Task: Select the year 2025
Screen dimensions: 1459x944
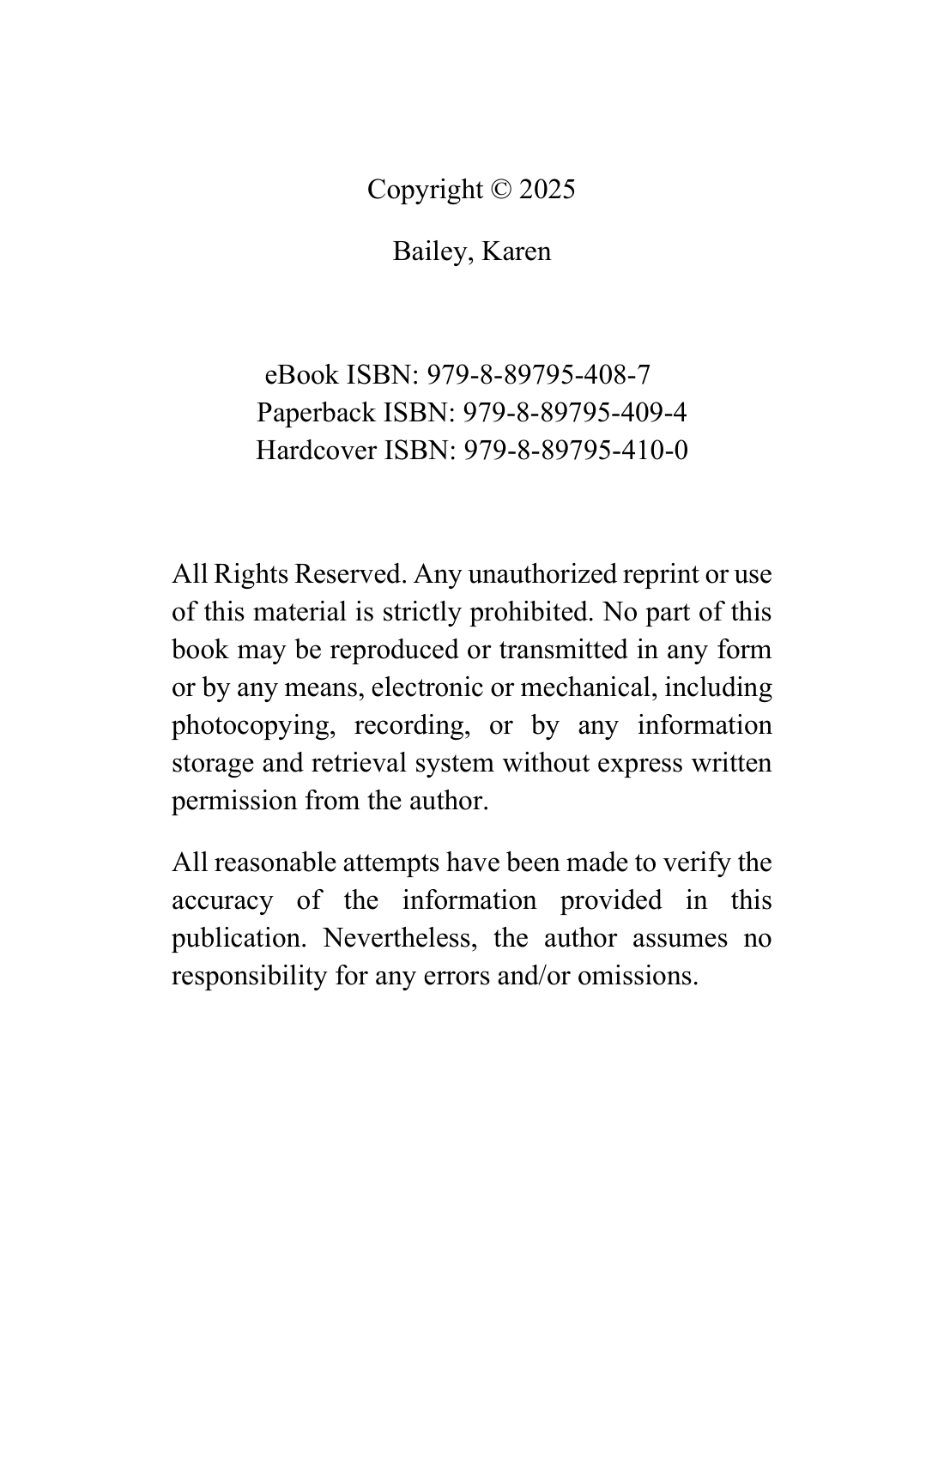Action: [x=547, y=190]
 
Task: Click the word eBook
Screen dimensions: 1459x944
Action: [x=302, y=375]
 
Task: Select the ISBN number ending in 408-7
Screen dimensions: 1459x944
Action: [x=539, y=375]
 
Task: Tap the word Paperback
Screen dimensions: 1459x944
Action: [x=316, y=413]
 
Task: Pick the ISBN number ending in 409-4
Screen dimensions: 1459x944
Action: [x=575, y=413]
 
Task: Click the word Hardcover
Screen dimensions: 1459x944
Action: [x=316, y=451]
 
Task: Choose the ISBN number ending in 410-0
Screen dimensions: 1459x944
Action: [x=575, y=451]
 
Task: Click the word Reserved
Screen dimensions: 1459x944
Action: [x=349, y=574]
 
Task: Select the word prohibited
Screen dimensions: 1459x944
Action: [x=531, y=612]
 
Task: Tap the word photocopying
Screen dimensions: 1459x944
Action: [x=251, y=725]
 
